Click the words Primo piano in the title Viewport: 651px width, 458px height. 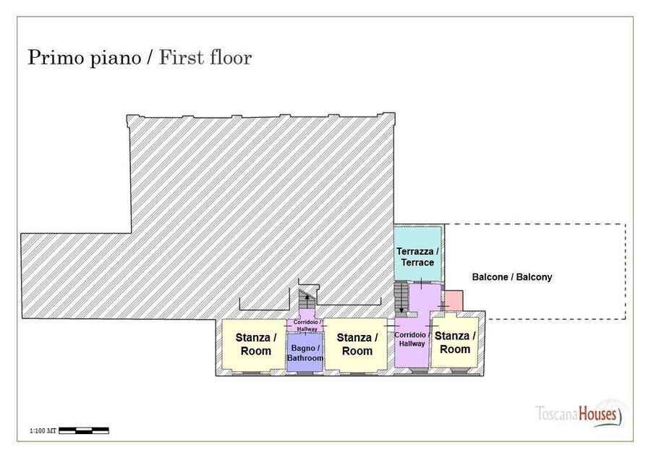(x=85, y=58)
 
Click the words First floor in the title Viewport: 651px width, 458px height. (x=205, y=57)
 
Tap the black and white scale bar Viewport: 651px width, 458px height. (x=84, y=431)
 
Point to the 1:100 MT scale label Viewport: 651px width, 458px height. (x=43, y=431)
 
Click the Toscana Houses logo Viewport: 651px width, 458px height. (x=579, y=414)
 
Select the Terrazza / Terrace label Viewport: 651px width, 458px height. (x=417, y=257)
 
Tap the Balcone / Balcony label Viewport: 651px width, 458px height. (x=512, y=277)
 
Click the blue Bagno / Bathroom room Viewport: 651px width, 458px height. (x=305, y=352)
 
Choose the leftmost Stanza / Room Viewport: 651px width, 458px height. (x=254, y=344)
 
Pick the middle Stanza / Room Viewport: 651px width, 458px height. (x=356, y=344)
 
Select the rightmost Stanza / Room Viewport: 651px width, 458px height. (x=455, y=342)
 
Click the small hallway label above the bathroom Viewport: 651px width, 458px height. (x=307, y=325)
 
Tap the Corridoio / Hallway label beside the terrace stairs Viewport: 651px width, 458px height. (x=412, y=339)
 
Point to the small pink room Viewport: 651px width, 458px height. (x=454, y=300)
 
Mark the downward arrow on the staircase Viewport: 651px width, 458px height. (x=401, y=299)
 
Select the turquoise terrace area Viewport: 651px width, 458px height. (x=417, y=253)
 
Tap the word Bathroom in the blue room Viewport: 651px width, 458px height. (x=305, y=358)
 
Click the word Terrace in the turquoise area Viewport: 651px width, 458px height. (x=417, y=263)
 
